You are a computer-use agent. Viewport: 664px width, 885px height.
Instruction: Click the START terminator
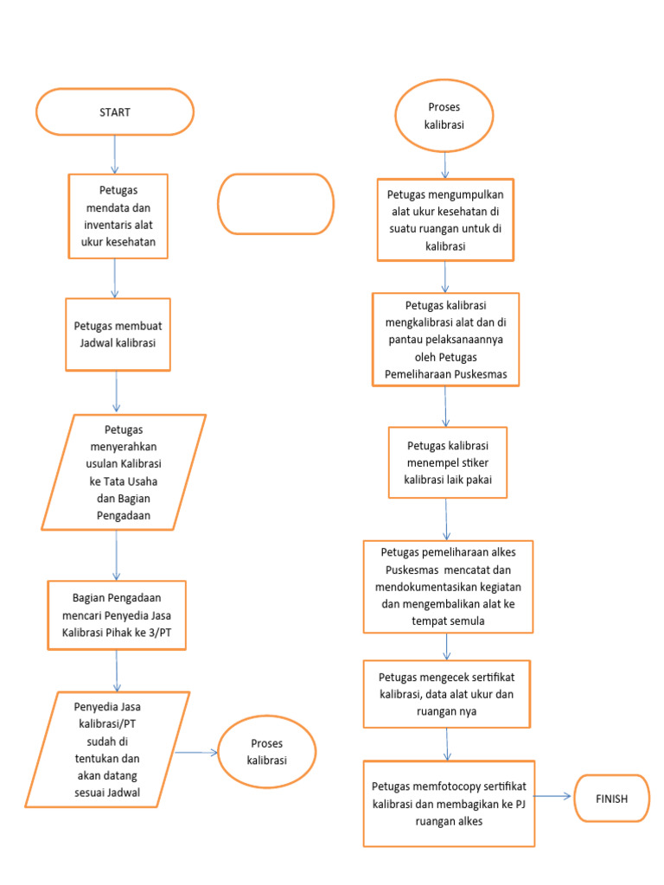115,111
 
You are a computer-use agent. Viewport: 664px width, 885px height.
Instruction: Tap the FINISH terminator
611,799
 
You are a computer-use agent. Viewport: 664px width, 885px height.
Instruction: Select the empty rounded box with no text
276,204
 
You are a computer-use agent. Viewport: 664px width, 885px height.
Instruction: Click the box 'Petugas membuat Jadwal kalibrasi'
118,333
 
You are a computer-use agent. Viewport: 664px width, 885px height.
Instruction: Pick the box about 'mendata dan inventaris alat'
118,216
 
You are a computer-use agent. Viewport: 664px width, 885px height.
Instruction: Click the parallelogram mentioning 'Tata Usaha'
124,472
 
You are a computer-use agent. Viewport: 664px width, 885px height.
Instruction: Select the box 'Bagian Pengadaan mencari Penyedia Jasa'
118,614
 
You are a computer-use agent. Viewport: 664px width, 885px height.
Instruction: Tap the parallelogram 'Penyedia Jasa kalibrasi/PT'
107,748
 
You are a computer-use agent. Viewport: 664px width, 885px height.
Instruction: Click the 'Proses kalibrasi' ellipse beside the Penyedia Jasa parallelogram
267,751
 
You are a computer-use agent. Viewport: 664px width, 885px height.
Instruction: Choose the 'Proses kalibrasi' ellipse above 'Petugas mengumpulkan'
444,115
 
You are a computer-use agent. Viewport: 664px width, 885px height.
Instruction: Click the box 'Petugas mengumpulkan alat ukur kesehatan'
445,220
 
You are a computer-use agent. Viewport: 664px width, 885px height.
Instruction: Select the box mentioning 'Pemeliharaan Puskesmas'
445,340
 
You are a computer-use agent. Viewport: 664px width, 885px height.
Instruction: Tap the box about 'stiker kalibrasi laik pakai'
447,462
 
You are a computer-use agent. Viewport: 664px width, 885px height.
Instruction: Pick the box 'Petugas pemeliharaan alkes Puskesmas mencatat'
447,586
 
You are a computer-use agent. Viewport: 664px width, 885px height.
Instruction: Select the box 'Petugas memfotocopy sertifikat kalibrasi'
449,804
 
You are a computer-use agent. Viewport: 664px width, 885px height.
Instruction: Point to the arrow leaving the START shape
115,154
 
